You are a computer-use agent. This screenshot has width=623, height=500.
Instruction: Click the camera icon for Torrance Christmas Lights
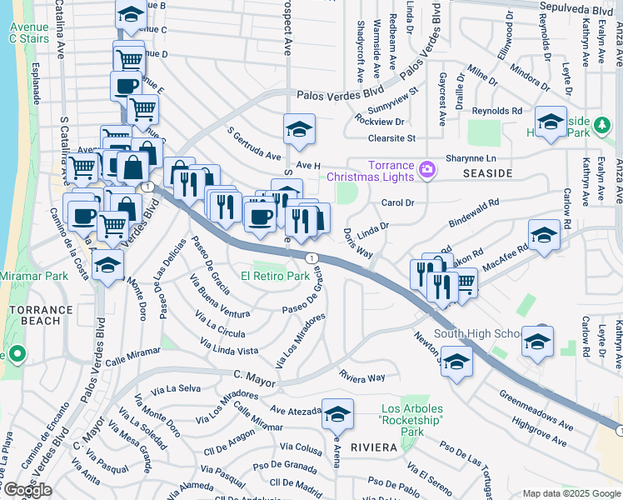coord(427,169)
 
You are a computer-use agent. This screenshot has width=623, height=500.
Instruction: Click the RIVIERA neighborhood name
coord(373,447)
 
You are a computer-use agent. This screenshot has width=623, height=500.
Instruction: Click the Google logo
coord(27,490)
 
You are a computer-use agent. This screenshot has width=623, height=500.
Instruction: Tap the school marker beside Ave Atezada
coord(337,413)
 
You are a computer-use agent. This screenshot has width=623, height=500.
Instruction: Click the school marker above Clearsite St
coord(299,128)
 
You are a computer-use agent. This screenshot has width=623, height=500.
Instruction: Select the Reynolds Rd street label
coord(496,110)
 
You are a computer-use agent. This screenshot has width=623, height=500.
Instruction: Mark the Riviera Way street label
coord(362,377)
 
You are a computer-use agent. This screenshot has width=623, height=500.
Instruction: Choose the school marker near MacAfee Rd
coord(544,235)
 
